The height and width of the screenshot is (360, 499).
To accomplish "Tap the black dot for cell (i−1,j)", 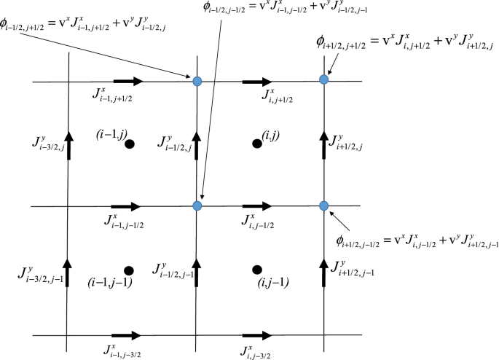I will coord(129,144).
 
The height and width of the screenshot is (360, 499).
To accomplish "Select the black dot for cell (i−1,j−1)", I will coord(129,270).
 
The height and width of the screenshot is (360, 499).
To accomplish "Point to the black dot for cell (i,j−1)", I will coord(256,270).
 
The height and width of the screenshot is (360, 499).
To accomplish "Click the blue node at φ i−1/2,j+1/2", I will coord(197,80).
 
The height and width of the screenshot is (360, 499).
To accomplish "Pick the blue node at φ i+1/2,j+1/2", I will coord(324,79).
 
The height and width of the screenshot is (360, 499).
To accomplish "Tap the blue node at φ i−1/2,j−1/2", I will coord(197,206).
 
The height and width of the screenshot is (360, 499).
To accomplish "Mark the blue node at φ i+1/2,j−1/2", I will coord(324,206).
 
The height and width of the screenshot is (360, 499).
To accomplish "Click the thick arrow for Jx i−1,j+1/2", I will coord(128,81).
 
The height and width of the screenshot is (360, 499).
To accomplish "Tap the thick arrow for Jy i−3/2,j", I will coord(68,141).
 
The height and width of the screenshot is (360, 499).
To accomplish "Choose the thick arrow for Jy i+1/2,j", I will coord(324,140).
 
